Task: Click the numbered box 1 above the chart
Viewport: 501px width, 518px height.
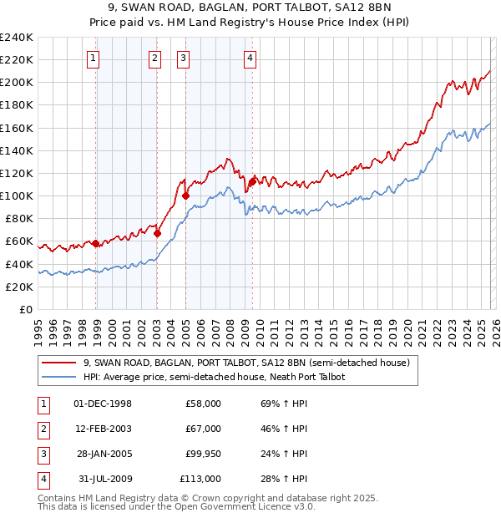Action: [92, 58]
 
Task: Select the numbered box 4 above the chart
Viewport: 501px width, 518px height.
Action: [250, 58]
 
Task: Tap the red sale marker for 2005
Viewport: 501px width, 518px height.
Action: [186, 196]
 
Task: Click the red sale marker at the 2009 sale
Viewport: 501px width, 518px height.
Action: [252, 180]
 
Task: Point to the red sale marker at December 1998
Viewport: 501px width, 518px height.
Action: [96, 243]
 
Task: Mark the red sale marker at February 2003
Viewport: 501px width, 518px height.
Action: [157, 234]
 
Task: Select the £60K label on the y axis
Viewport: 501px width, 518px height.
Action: [19, 241]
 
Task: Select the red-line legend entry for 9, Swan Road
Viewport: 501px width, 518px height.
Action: [245, 363]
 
